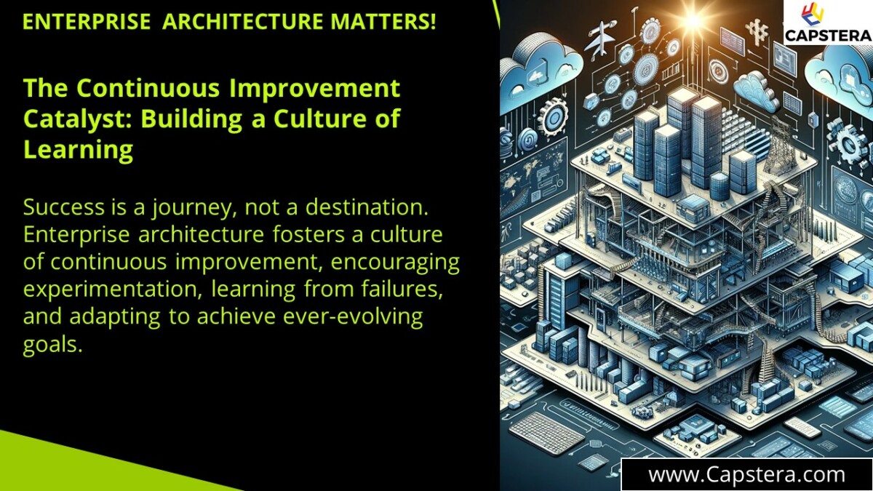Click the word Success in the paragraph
click(x=66, y=207)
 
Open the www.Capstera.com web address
click(x=746, y=475)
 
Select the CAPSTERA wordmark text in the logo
click(x=829, y=34)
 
